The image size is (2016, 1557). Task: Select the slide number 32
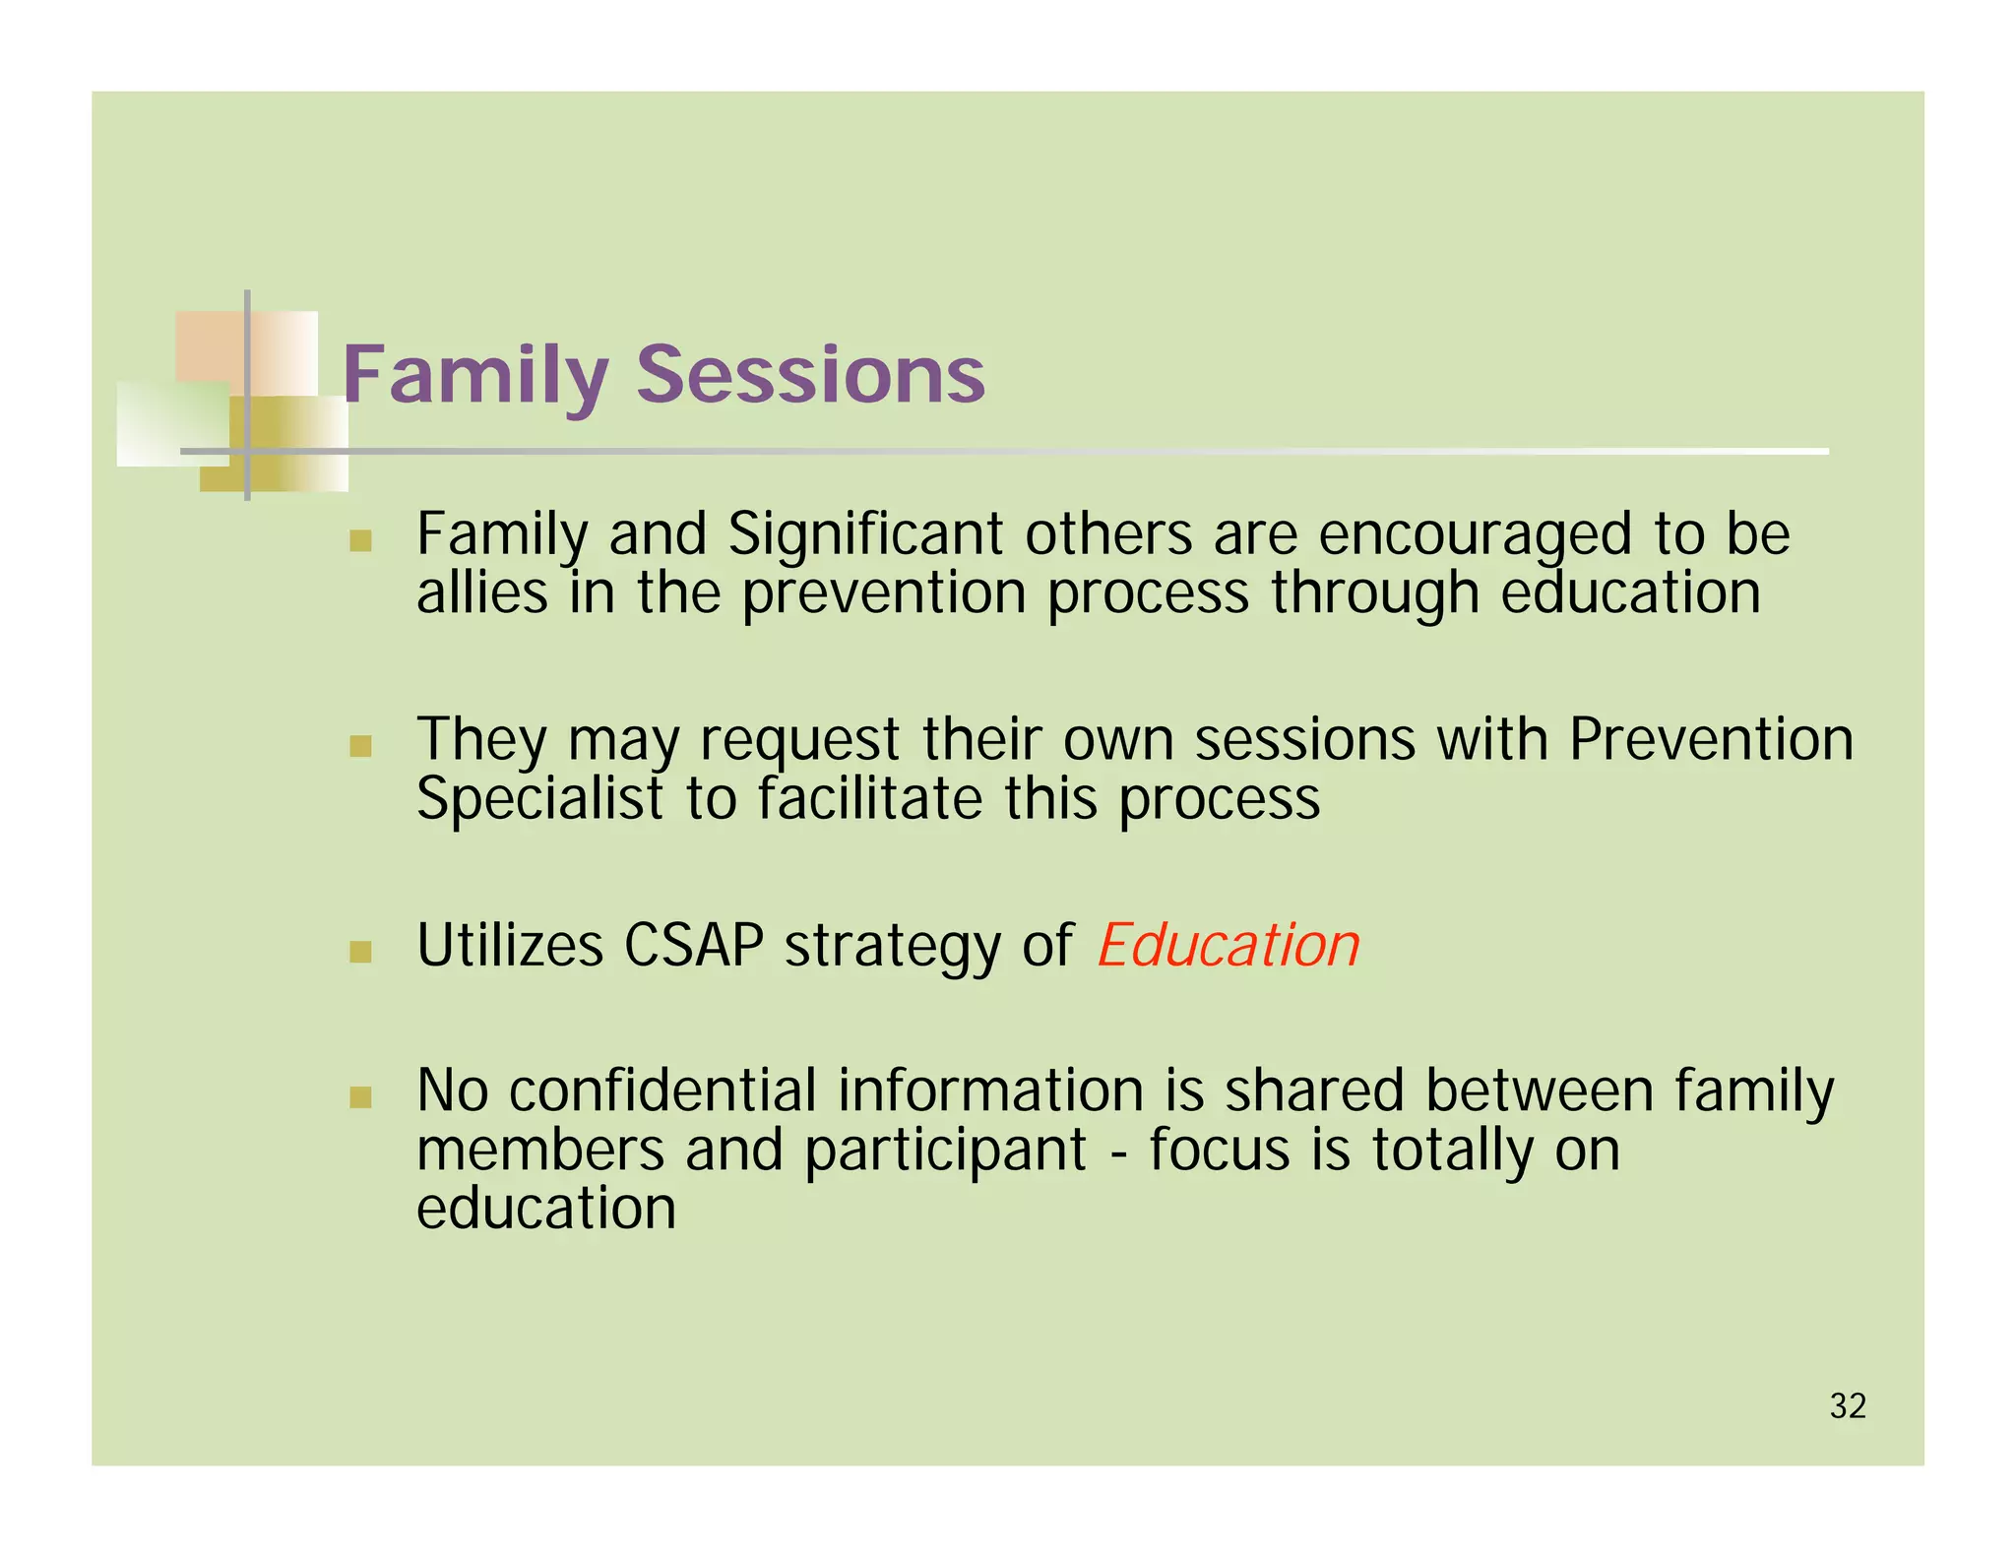pos(1848,1406)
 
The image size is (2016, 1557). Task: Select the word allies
pos(481,593)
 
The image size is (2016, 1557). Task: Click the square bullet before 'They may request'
pos(360,746)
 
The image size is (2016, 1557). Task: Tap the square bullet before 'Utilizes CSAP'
pos(360,951)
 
